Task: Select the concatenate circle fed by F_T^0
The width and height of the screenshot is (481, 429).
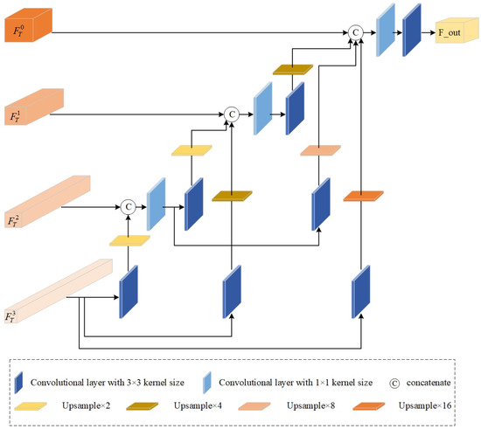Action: click(355, 31)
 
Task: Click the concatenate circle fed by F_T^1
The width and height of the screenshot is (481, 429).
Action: click(231, 113)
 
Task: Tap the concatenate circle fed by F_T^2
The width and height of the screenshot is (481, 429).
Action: click(128, 207)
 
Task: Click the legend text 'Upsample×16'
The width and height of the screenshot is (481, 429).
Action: click(427, 406)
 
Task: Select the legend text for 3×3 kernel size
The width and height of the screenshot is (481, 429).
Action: click(108, 382)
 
